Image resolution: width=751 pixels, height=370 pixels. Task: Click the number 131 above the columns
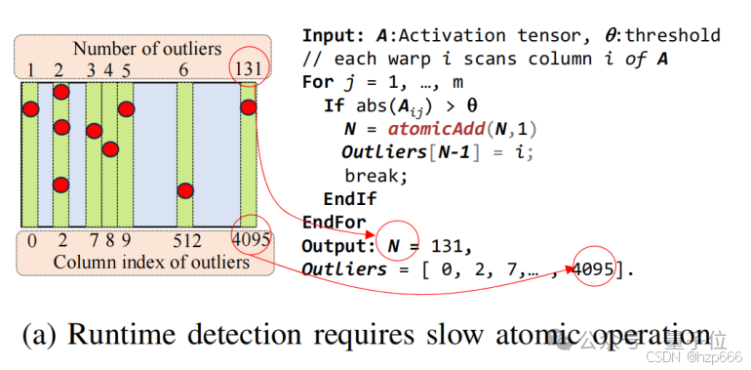248,69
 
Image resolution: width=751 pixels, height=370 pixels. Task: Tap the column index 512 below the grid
187,240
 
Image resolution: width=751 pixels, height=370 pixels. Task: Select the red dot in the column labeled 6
185,190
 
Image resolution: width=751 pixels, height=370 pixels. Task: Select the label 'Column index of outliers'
151,262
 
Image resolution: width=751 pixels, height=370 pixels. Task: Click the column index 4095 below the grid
251,240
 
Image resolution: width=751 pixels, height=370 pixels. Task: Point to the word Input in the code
332,36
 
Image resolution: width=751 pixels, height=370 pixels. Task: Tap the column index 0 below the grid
33,240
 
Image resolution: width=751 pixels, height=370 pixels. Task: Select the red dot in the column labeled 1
30,108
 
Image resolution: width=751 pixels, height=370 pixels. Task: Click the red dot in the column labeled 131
249,107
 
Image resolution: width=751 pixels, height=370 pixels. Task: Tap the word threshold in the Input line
674,36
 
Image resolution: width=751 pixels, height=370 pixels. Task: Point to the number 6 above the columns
183,69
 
